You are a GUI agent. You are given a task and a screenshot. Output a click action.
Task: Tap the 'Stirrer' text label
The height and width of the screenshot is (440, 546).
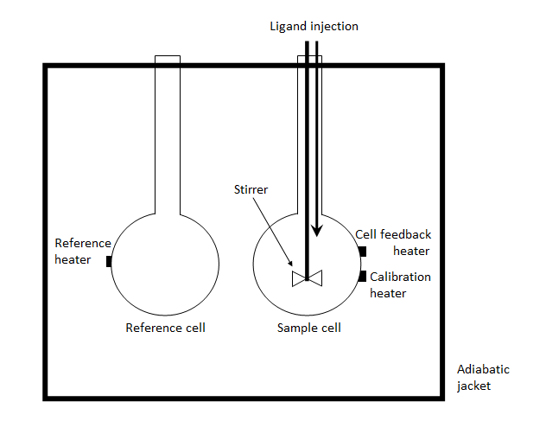252,188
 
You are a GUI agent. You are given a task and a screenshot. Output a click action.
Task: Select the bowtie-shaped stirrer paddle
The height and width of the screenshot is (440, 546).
308,277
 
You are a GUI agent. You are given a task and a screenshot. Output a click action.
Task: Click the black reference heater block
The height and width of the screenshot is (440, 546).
109,261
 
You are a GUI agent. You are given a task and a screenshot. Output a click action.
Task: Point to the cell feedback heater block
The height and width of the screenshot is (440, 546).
362,252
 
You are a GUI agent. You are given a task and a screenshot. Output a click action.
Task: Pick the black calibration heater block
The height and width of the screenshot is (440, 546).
362,277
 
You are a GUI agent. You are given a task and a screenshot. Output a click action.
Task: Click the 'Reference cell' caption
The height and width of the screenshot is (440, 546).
166,328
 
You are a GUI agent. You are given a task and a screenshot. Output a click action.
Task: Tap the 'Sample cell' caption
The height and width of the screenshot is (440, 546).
308,328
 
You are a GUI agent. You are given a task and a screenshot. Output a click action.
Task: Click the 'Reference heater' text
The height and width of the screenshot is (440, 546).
83,252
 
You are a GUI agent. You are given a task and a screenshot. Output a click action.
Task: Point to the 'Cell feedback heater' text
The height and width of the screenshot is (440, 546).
394,243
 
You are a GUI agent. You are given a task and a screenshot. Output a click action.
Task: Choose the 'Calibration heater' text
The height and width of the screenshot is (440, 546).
400,285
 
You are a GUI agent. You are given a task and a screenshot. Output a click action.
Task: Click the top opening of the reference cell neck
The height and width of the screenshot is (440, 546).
168,58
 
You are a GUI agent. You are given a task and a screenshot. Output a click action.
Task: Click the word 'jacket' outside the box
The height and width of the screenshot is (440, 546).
473,386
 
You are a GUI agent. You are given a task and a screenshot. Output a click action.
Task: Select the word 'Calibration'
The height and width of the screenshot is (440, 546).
400,277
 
